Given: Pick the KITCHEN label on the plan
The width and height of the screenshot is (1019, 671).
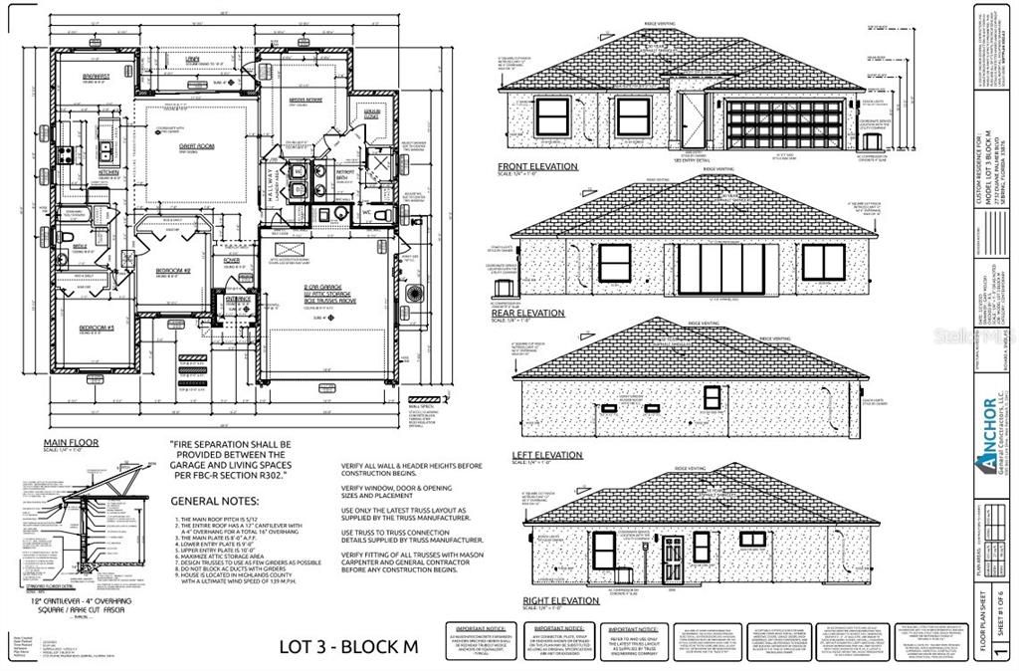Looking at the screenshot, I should coord(109,172).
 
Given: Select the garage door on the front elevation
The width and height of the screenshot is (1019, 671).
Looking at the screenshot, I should coord(785,124).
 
